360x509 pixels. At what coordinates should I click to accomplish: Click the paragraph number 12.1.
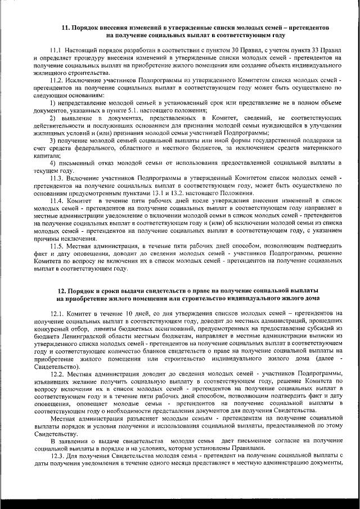coord(57,312)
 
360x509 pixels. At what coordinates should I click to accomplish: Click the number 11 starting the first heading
coord(65,27)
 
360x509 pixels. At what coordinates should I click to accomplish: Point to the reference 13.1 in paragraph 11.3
coord(141,193)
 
